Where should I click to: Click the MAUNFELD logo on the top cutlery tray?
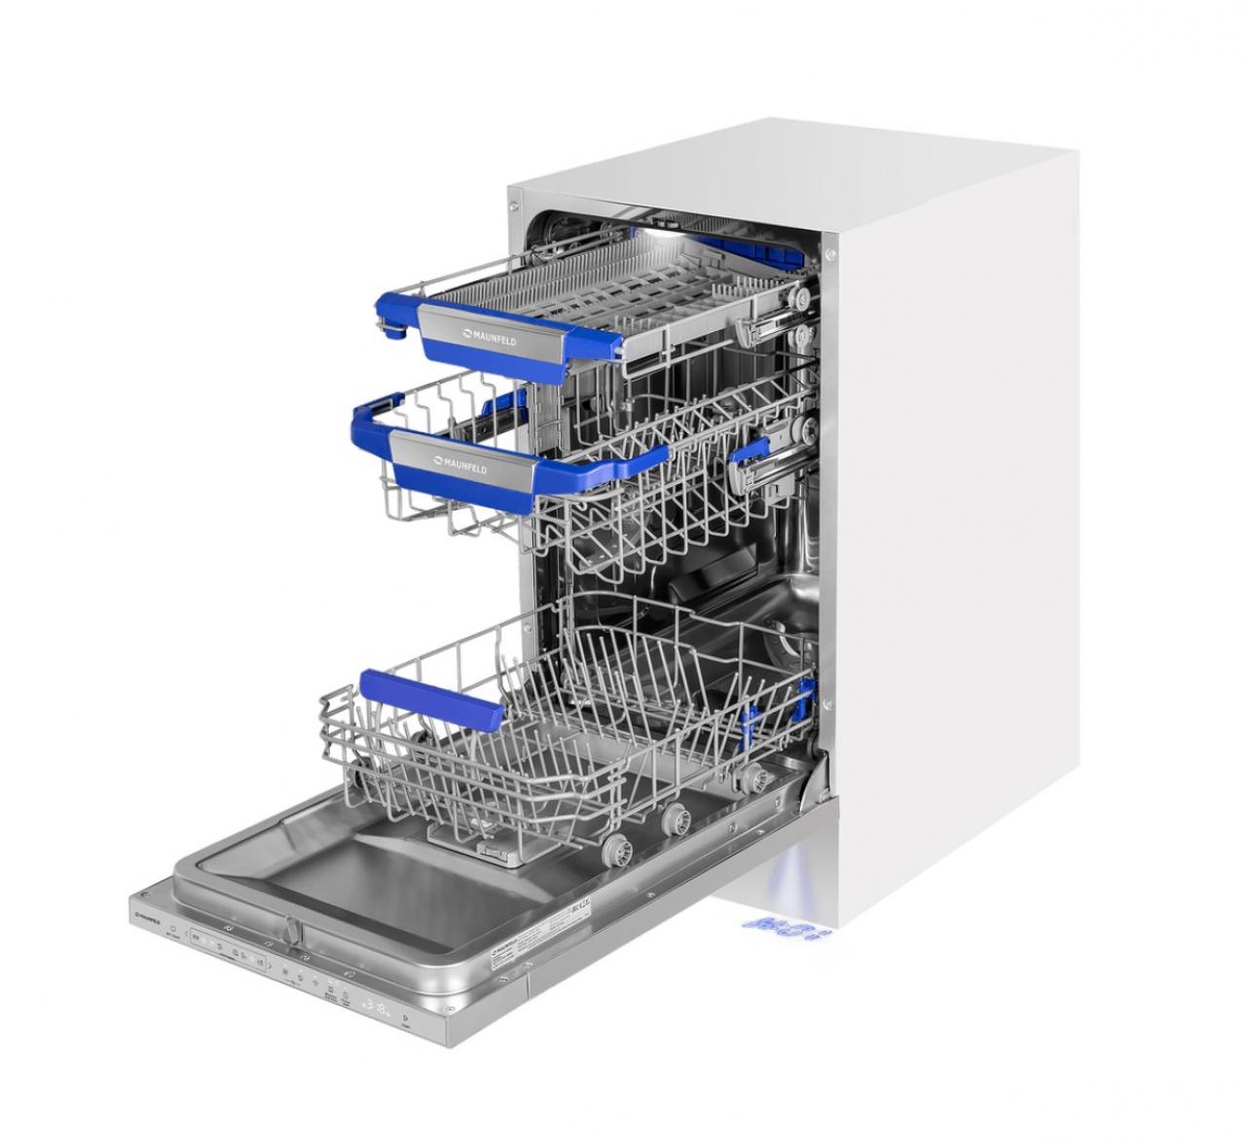[490, 338]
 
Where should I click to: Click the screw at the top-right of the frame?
[829, 254]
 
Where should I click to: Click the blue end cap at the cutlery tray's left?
[394, 332]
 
